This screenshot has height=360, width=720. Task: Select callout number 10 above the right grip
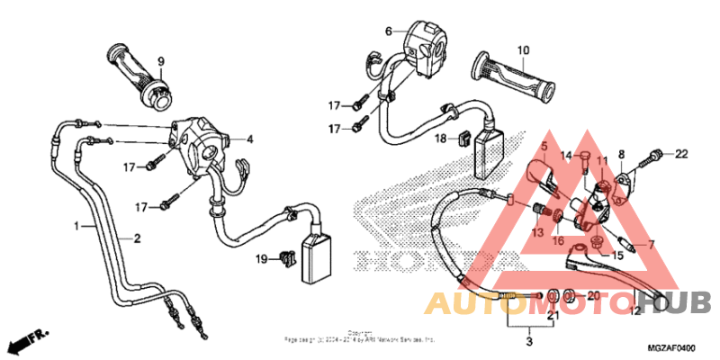[x=523, y=50]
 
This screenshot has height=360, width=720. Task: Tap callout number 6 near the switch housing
[x=389, y=31]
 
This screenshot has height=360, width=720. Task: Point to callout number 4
[x=249, y=139]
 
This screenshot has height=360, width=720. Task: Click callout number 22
[x=681, y=153]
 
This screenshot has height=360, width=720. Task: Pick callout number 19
[x=261, y=260]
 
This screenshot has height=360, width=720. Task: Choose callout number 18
[x=441, y=139]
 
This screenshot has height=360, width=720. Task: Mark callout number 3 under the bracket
[x=529, y=342]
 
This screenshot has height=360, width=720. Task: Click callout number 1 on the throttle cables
[x=77, y=225]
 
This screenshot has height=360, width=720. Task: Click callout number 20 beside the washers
[x=592, y=296]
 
